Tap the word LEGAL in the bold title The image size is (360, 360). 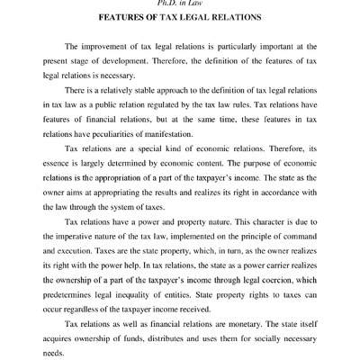[199, 18]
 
